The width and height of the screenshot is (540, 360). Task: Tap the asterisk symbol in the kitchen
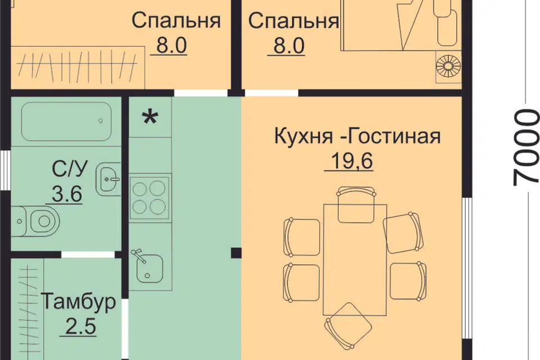[x=150, y=118]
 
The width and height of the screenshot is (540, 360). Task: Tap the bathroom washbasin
[x=109, y=180]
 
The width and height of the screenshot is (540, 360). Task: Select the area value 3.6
[x=67, y=195]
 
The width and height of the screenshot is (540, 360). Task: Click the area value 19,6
[x=349, y=161]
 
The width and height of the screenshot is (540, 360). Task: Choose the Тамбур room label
[x=79, y=301]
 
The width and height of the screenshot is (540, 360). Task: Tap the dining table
[x=354, y=259]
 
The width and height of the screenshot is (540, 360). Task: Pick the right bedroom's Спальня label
[x=293, y=21]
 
